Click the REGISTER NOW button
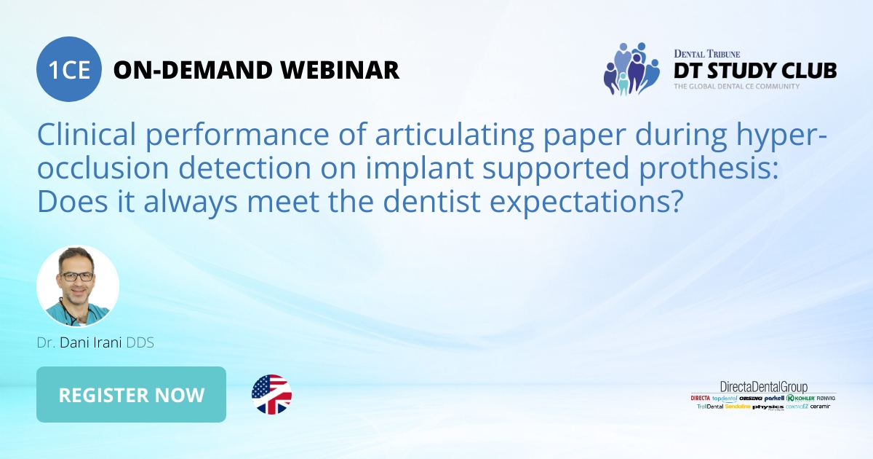[131, 395]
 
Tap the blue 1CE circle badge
[69, 69]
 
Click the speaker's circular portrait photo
[77, 286]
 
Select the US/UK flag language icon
[271, 395]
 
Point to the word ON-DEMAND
[193, 70]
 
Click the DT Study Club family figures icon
[631, 68]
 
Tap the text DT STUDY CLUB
[754, 71]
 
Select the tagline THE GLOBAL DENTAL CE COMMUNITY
[736, 87]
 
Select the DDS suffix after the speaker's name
[140, 342]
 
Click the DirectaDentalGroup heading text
[763, 387]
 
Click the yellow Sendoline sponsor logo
[736, 407]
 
